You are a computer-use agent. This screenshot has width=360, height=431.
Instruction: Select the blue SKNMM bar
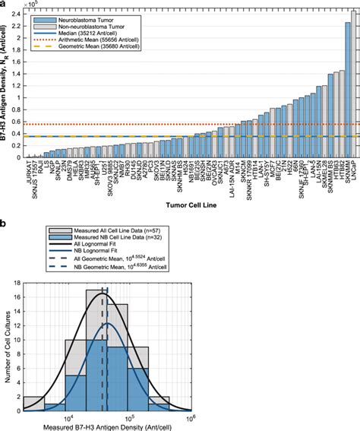pyautogui.click(x=347, y=91)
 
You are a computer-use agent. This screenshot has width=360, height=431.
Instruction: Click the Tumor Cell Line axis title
pyautogui.click(x=189, y=204)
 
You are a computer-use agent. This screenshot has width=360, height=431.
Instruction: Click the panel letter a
pyautogui.click(x=5, y=5)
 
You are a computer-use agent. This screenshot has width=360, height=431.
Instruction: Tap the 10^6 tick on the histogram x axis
pyautogui.click(x=191, y=419)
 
